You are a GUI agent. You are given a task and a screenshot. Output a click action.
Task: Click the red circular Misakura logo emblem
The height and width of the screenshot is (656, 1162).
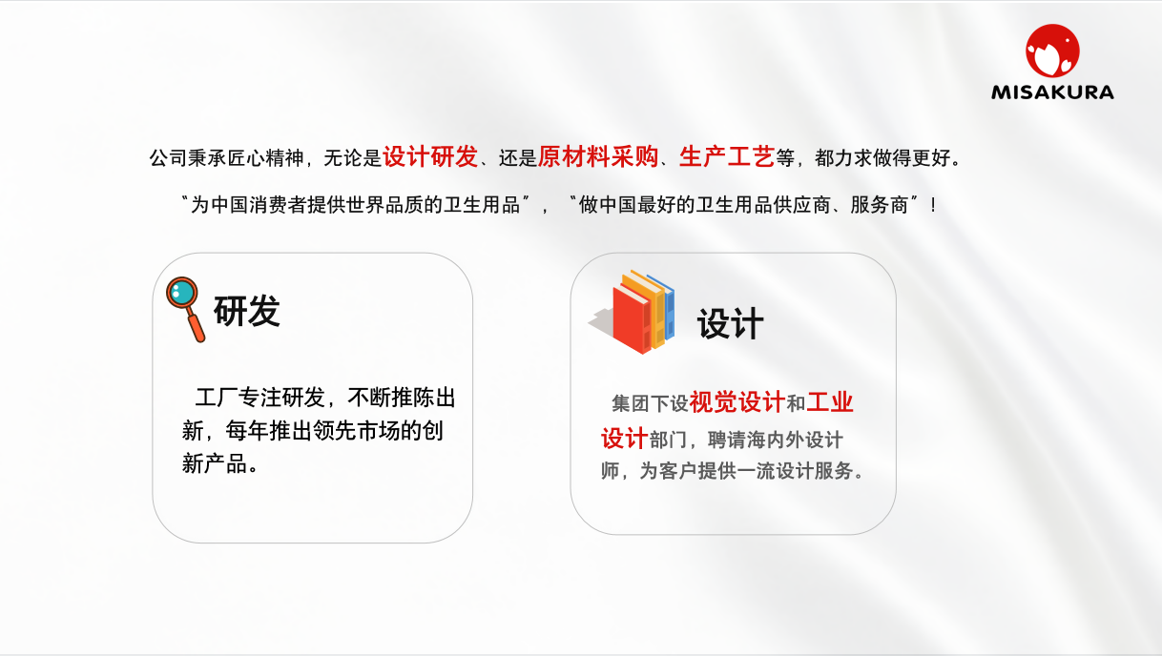[x=1052, y=51]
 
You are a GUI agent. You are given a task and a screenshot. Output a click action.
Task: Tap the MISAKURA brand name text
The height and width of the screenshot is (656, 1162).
[x=1052, y=92]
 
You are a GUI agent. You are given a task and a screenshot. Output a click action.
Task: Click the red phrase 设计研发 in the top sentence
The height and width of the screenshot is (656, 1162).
[x=430, y=156]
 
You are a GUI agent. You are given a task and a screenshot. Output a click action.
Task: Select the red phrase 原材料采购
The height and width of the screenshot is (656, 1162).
[x=598, y=156]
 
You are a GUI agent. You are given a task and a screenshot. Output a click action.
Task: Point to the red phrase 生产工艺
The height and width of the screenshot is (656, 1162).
[x=727, y=156]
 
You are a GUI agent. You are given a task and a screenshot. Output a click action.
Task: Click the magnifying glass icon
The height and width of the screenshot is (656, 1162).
[x=186, y=309]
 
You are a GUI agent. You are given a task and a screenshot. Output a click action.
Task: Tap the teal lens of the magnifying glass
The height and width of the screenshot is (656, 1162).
[x=181, y=292]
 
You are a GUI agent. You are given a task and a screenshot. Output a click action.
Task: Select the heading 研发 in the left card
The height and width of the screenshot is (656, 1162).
[x=247, y=311]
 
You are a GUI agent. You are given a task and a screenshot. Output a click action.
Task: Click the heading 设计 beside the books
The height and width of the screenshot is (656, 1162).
[x=730, y=323]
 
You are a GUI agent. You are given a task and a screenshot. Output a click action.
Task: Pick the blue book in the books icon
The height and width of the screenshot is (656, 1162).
[x=666, y=306]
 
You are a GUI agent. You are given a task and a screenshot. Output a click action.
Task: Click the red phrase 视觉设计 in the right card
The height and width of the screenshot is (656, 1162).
[x=737, y=403]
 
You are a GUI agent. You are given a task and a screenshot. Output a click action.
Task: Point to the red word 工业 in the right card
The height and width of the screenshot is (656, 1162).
[x=830, y=403]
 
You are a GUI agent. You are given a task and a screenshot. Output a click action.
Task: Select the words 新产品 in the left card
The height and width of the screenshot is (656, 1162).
[x=215, y=463]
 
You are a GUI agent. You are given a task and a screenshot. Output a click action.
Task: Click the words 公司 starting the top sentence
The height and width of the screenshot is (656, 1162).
[x=168, y=157]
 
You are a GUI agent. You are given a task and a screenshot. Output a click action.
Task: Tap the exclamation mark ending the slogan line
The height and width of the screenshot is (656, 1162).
[x=934, y=205]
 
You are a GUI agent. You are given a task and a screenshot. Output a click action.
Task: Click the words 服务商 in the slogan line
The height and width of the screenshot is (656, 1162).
[x=880, y=205]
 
